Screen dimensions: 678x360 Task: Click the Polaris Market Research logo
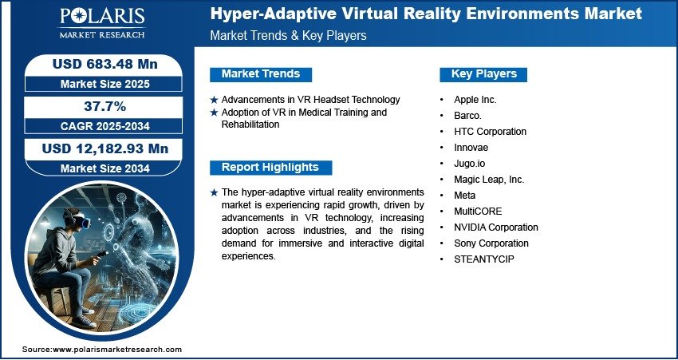[102, 23]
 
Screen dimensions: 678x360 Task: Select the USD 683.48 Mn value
[105, 64]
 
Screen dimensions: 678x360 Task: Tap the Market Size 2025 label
[105, 84]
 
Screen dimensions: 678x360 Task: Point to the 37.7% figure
[105, 106]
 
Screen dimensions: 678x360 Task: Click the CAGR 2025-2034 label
[105, 126]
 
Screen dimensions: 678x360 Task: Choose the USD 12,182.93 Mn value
[105, 148]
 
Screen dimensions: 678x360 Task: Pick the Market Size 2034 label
[105, 168]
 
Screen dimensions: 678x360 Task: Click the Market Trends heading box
[261, 74]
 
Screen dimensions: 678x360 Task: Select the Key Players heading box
[483, 74]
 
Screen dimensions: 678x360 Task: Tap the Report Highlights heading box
[270, 168]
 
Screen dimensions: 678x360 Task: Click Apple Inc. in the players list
[475, 100]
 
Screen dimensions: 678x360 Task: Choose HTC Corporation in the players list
[491, 132]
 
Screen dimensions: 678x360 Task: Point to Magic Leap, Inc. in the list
[489, 180]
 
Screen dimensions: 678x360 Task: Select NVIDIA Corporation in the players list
[496, 227]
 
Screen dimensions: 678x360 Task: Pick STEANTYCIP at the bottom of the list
[484, 259]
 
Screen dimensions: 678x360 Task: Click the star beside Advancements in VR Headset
[214, 100]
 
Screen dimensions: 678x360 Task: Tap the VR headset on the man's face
[82, 221]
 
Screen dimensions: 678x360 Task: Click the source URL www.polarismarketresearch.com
[117, 349]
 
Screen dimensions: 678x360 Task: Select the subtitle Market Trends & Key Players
[289, 35]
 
